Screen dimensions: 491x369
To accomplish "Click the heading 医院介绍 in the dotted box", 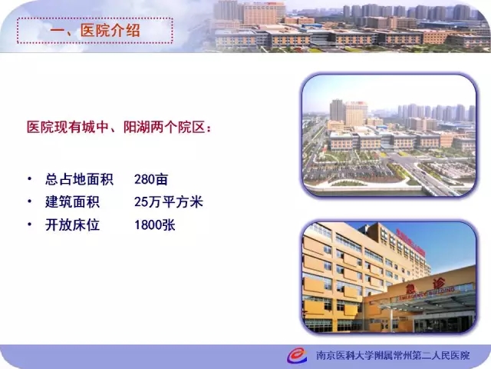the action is coord(110,31).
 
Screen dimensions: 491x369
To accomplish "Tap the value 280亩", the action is coord(151,179).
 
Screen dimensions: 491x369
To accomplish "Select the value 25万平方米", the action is coord(169,202).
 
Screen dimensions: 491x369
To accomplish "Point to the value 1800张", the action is coord(155,225).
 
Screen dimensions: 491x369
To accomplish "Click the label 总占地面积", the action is coord(79,179).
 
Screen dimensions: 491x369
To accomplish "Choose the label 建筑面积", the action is coord(72,202).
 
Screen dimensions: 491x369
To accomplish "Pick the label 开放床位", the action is coord(72,225).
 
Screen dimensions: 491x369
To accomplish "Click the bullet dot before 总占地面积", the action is coord(29,179).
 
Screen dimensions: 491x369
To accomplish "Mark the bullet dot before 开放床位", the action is coord(29,224).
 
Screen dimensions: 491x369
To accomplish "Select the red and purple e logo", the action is coord(297,355).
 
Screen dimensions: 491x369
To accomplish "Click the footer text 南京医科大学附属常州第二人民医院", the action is coord(393,355).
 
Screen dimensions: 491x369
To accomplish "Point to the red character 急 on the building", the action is coord(410,289).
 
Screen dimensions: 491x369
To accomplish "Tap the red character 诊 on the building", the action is coord(439,284).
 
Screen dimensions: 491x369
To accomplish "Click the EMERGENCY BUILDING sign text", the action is coord(427,294).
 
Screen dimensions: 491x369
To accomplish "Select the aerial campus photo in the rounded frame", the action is coord(389,135).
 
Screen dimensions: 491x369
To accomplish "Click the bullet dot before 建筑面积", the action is coord(29,201).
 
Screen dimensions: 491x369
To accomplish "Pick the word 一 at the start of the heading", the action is coord(58,31).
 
